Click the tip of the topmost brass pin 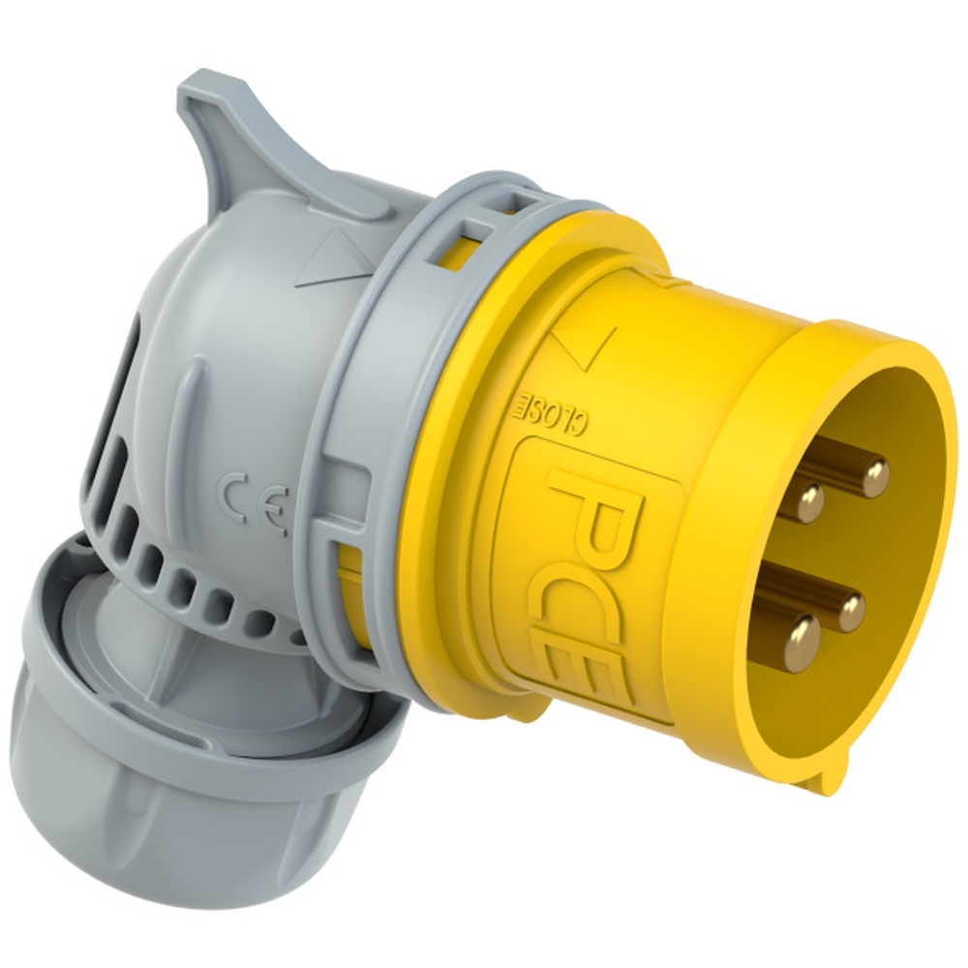click(x=875, y=474)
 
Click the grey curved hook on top click(x=223, y=126)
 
